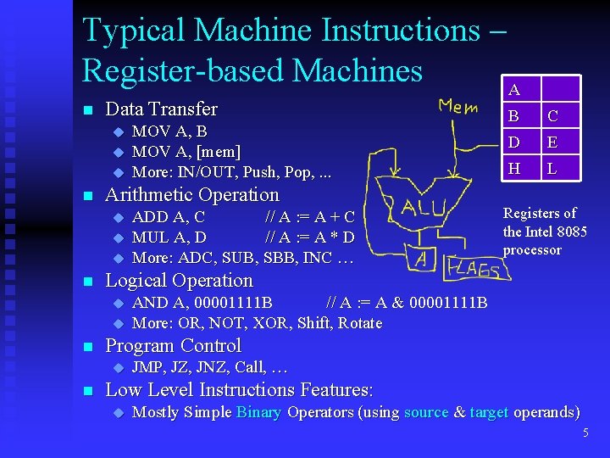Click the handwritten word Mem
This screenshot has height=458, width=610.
457,107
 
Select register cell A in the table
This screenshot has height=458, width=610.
513,89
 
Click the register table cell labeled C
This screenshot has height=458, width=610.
552,115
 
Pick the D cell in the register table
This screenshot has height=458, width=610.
513,142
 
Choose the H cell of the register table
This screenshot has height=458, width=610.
513,168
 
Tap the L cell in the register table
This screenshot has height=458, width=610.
552,168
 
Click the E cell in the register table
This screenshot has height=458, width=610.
552,142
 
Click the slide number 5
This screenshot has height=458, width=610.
585,433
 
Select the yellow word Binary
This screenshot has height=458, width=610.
259,413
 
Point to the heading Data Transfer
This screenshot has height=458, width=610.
160,109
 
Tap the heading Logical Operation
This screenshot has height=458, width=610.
178,281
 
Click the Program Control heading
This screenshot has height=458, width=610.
172,346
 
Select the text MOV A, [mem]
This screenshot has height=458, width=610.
186,152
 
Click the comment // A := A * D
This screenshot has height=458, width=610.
309,237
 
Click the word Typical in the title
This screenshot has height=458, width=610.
133,31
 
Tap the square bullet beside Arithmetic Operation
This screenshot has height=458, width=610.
86,196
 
